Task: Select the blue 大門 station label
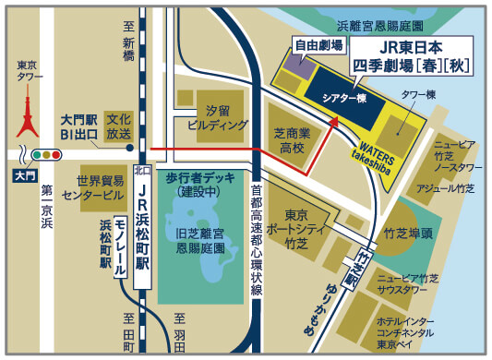(x=22, y=174)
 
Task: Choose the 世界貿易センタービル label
(x=88, y=188)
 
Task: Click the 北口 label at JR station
(x=141, y=171)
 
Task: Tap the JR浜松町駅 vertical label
(x=141, y=219)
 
